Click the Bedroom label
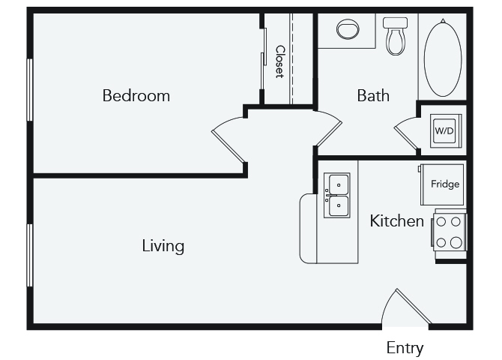point(136,96)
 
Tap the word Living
point(163,245)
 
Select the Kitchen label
point(397,221)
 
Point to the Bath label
point(373,96)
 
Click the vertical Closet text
point(279,62)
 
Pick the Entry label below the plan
point(405,348)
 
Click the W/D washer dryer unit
point(444,130)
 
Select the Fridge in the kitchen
point(445,184)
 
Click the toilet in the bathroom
point(395,36)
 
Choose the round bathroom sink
point(348,30)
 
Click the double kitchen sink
point(337,195)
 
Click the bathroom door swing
point(327,129)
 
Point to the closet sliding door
point(263,60)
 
